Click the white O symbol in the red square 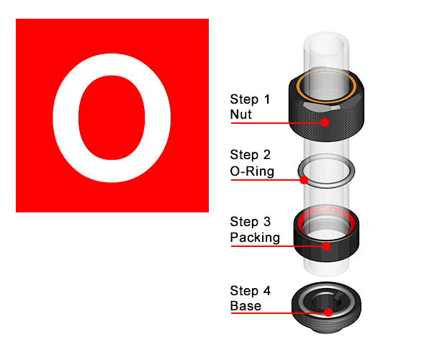coord(65,118)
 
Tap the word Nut coord(240,114)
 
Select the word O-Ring coord(252,171)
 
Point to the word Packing coord(255,238)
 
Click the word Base coord(246,306)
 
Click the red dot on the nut coord(325,122)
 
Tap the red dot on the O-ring coord(304,180)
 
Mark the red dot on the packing coord(326,246)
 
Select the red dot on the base coord(328,312)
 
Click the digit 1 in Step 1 coord(266,99)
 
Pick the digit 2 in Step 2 coord(266,155)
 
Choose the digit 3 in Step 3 coord(266,222)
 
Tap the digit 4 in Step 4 coord(266,291)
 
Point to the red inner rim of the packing coord(300,223)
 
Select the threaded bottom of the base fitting coord(326,325)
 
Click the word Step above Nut coord(244,99)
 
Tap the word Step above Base coord(244,291)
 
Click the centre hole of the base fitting coord(327,302)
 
